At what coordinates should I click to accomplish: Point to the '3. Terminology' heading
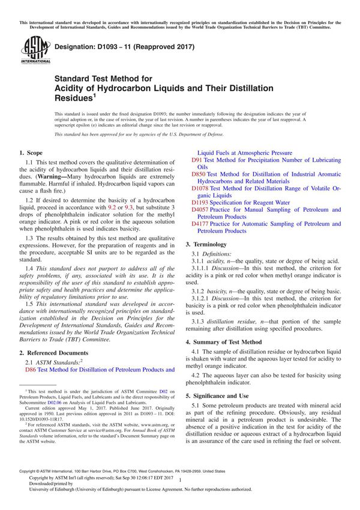coord(207,244)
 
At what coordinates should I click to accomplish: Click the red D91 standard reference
coord(197,161)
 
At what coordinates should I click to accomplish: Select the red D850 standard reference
coord(199,173)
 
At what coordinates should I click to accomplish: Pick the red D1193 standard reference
coord(200,203)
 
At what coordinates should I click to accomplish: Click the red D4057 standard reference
coord(200,210)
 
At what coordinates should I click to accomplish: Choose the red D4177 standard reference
coord(200,223)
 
